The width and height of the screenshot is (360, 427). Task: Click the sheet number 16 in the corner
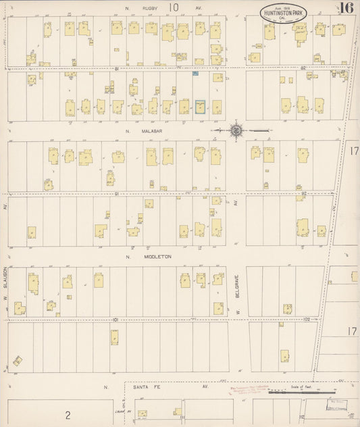(346, 8)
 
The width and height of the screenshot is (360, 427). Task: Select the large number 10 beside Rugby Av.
(174, 7)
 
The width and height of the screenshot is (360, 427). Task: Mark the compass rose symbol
(237, 129)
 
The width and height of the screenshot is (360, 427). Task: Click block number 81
(116, 68)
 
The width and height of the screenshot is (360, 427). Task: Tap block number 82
(303, 68)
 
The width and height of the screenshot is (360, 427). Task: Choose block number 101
(116, 319)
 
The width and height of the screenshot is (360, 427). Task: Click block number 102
(307, 319)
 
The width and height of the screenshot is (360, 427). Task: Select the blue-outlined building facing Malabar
(200, 107)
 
